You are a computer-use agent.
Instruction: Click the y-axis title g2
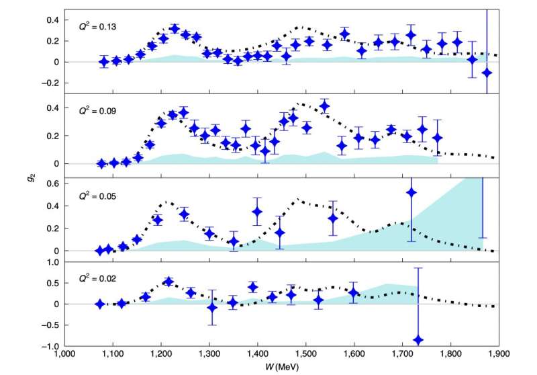(31, 179)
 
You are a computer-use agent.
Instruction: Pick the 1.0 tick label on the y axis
(52, 262)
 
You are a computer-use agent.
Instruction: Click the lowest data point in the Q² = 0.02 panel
(418, 340)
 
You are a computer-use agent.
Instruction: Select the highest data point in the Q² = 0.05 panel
(411, 193)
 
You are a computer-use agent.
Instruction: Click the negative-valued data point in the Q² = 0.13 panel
(487, 73)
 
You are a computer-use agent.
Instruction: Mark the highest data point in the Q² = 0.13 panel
(175, 29)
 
